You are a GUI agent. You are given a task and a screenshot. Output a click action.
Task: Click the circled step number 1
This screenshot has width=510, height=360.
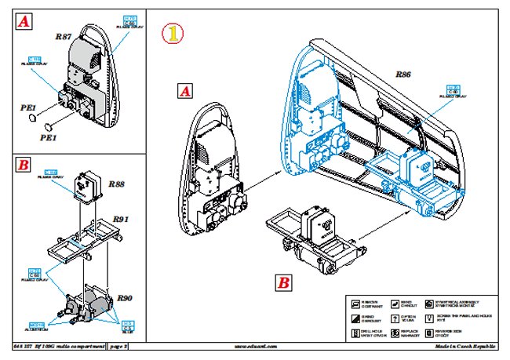pyautogui.click(x=173, y=35)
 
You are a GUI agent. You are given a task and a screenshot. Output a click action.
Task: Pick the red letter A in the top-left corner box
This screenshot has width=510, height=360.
pyautogui.click(x=24, y=24)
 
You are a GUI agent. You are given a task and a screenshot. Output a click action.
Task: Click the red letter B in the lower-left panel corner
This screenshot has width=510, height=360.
pyautogui.click(x=24, y=165)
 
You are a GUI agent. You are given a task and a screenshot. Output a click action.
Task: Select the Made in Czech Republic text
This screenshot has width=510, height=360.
pyautogui.click(x=466, y=345)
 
